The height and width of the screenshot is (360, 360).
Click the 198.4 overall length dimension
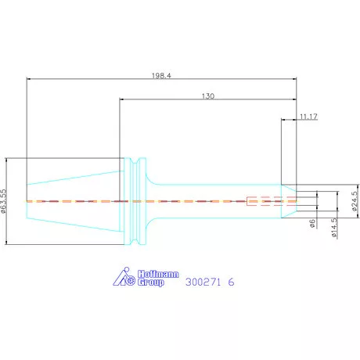(x=161, y=76)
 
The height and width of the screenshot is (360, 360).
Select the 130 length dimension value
(x=208, y=96)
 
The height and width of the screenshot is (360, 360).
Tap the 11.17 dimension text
(x=308, y=117)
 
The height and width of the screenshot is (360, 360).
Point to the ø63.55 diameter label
(x=3, y=201)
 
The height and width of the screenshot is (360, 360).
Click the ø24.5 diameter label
(x=355, y=201)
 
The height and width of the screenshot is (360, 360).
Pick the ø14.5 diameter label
(x=334, y=228)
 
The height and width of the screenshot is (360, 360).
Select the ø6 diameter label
(x=312, y=223)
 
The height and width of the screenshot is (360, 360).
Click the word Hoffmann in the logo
(x=158, y=274)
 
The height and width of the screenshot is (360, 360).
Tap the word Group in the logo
(x=151, y=283)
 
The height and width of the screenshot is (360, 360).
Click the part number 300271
(x=203, y=282)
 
